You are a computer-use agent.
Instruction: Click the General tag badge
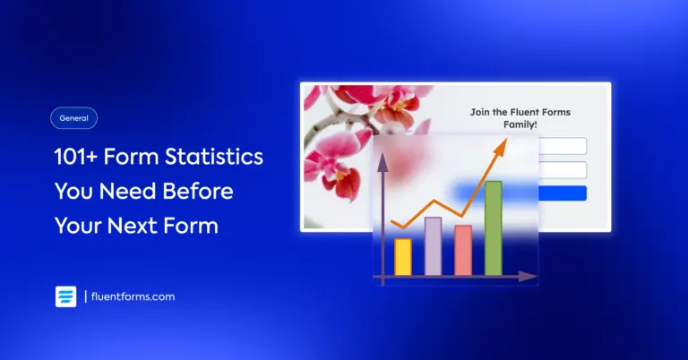[x=73, y=118]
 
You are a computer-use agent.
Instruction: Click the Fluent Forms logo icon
[x=65, y=297]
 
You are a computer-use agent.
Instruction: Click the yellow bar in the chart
[x=403, y=257]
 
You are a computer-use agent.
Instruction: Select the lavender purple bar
[x=433, y=246]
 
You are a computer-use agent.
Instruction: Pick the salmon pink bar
[x=463, y=250]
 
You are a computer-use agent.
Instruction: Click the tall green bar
[x=494, y=227]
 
